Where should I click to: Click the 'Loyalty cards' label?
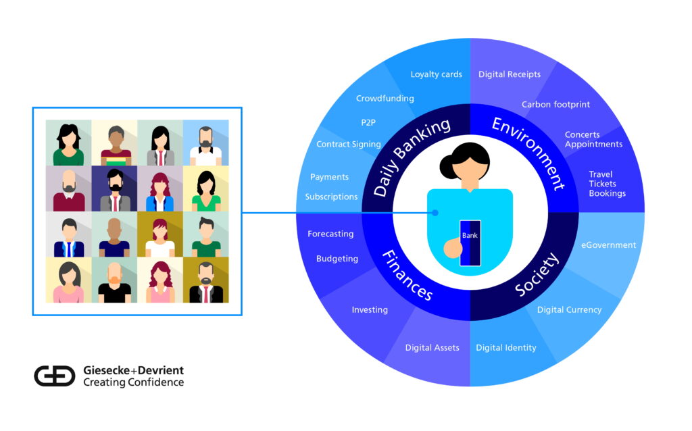[x=436, y=74]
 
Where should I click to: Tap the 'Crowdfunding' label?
[x=385, y=99]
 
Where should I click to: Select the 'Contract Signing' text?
[x=348, y=145]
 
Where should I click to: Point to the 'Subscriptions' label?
[x=331, y=197]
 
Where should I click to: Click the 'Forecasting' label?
[x=330, y=234]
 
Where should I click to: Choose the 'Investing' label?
[x=370, y=309]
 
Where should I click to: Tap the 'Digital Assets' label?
[x=432, y=348]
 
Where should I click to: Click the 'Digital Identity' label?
[x=505, y=348]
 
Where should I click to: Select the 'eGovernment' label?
[x=608, y=245]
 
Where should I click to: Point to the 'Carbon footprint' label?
[x=555, y=105]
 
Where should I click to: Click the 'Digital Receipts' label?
[x=510, y=74]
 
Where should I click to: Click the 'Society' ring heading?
[x=537, y=274]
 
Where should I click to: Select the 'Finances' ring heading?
[x=407, y=275]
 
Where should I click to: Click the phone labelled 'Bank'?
[x=470, y=243]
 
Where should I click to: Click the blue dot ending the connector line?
[x=435, y=213]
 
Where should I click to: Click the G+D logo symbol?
[x=55, y=376]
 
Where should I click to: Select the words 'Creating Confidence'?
[x=133, y=382]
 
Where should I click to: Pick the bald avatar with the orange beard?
[x=115, y=280]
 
